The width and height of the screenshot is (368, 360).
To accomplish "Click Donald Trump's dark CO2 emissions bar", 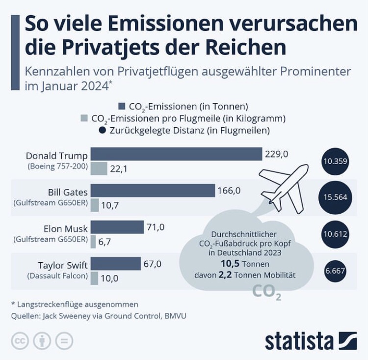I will point(177,154).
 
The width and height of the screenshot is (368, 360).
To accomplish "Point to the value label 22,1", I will point(118,169).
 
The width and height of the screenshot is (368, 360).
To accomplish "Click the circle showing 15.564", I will point(336,197).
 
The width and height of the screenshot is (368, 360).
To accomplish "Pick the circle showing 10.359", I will point(336,160).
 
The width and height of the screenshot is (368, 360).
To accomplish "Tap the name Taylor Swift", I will point(63,264).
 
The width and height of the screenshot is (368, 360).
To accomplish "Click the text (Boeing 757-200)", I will point(58,166).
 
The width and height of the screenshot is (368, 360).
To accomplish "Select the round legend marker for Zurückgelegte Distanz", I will point(102,130).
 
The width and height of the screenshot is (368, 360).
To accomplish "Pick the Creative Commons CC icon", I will point(20,341).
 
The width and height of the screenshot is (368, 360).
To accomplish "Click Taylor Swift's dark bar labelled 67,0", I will point(116,264).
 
